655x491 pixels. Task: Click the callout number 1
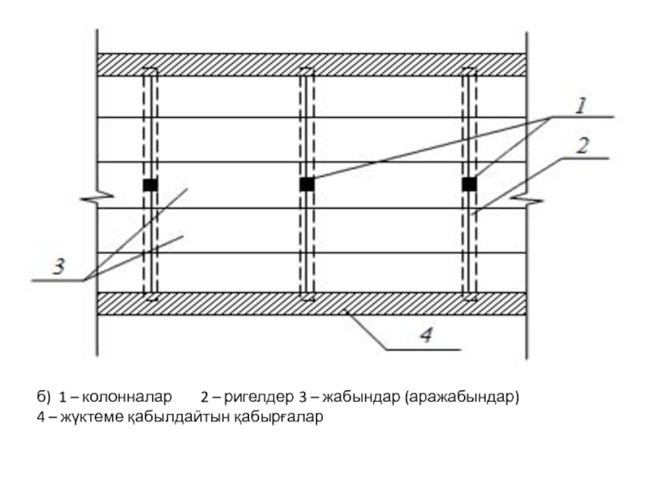[x=580, y=106]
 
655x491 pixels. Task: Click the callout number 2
[x=583, y=147]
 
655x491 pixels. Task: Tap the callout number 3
[x=59, y=267]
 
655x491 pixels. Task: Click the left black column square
[x=150, y=185]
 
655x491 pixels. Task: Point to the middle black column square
[x=306, y=185]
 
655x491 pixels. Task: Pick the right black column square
[x=469, y=185]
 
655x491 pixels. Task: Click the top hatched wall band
[x=311, y=65]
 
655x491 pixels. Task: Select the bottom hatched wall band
[x=311, y=304]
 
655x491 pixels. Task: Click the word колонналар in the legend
[x=127, y=398]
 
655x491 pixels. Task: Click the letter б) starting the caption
[x=43, y=398]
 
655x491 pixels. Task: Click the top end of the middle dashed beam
[x=306, y=74]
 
